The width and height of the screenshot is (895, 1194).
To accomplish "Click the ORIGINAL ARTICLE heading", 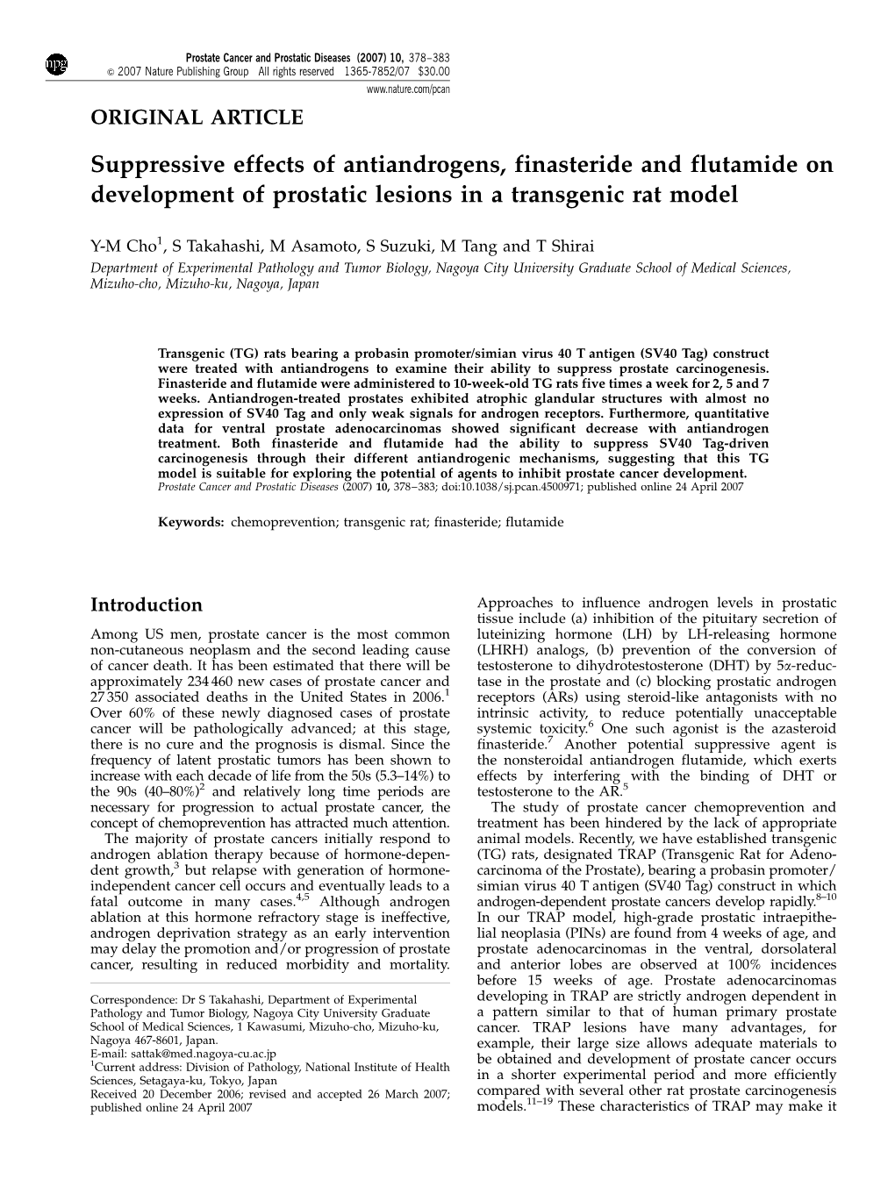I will [197, 116].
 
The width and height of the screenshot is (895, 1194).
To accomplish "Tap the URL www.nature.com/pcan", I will [414, 89].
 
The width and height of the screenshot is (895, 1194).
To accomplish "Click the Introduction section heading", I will [147, 604].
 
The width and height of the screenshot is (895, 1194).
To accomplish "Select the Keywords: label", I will [191, 521].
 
